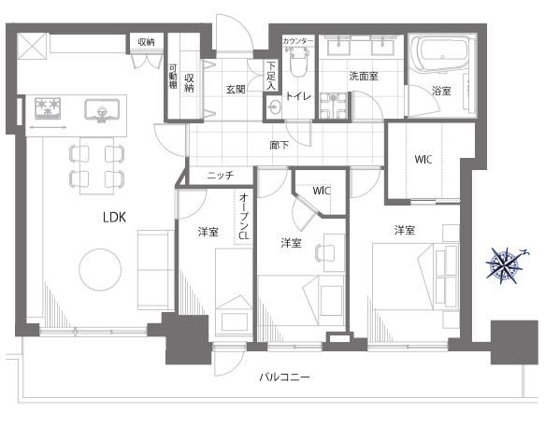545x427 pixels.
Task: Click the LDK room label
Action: click(114, 218)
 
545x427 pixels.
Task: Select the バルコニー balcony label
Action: click(284, 377)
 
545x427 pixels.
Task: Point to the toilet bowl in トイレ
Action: click(298, 63)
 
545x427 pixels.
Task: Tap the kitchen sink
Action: click(102, 110)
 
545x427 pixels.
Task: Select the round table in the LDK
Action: click(100, 270)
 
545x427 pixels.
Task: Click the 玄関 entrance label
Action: click(236, 90)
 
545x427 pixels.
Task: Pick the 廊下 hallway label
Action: click(280, 145)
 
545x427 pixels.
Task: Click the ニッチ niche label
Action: click(221, 176)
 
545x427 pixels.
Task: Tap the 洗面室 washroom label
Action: click(364, 76)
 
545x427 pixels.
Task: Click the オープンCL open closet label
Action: click(244, 217)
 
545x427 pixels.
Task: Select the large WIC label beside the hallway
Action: click(423, 159)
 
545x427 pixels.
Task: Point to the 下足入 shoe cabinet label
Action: click(271, 76)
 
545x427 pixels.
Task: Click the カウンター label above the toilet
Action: click(298, 41)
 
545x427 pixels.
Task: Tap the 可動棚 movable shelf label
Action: click(173, 76)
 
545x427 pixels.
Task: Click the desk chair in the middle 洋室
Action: click(324, 252)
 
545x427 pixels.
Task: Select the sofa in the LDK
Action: click(156, 270)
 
